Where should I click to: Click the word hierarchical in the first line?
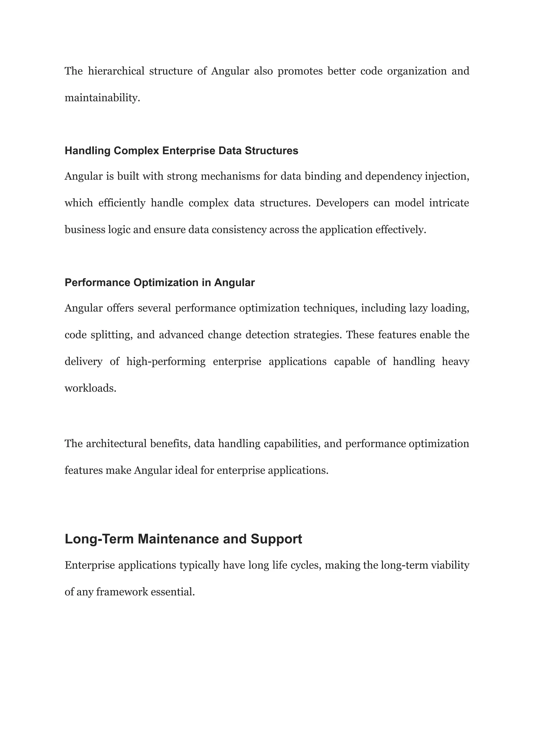(x=116, y=71)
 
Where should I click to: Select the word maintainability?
(x=102, y=98)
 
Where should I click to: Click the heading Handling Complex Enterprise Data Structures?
(x=181, y=151)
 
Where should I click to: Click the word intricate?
(x=449, y=203)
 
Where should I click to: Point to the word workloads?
(x=90, y=389)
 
